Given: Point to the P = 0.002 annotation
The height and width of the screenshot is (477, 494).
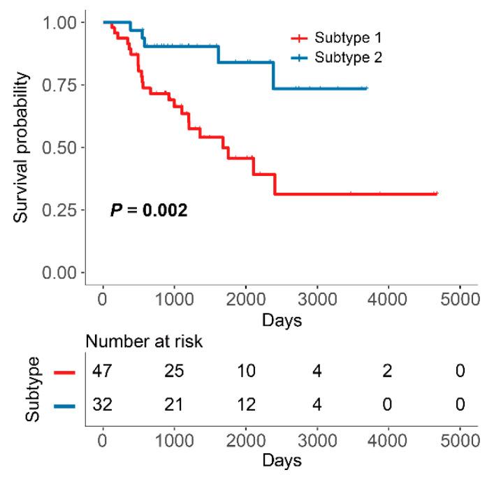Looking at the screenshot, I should tap(148, 210).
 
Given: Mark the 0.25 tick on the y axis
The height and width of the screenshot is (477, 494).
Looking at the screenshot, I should tap(61, 210).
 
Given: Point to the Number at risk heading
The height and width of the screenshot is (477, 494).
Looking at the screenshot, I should tap(145, 342).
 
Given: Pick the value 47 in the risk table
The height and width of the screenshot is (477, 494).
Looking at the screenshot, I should tap(103, 371).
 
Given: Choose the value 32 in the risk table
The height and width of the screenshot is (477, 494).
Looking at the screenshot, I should tap(103, 404).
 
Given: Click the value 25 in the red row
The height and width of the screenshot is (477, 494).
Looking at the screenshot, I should tap(174, 371).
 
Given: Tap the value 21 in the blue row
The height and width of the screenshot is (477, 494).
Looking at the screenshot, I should tap(174, 404).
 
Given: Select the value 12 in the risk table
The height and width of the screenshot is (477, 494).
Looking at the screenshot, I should tap(245, 404).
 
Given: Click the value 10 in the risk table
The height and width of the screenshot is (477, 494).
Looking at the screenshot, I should tap(245, 371).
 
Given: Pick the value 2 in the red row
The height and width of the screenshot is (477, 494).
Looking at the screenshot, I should tap(388, 371).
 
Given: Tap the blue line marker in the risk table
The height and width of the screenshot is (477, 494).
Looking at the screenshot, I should tap(64, 405).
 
